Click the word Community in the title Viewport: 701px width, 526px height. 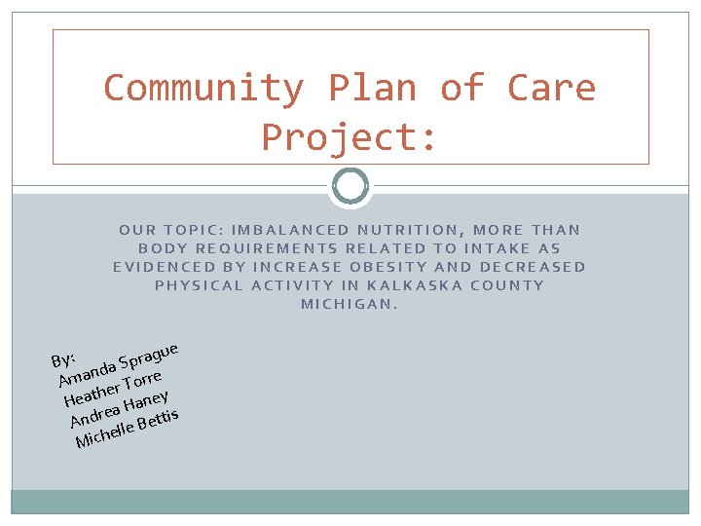tap(203, 89)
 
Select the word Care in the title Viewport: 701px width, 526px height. tap(551, 89)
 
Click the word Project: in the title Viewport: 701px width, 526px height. tap(350, 137)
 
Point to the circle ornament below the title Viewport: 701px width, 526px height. tap(350, 186)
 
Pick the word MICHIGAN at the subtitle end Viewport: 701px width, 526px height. tap(350, 304)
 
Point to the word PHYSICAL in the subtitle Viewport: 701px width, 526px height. tap(200, 285)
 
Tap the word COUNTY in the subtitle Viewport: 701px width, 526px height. tap(508, 285)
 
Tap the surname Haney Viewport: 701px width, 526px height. tap(149, 398)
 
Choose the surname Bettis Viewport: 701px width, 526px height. tap(158, 422)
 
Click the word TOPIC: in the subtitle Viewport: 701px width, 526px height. tap(191, 230)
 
